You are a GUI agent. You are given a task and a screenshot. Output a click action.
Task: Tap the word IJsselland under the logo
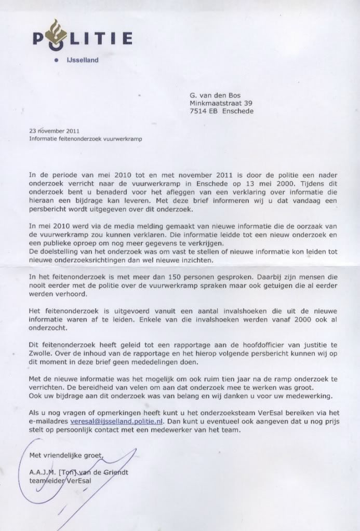coord(82,60)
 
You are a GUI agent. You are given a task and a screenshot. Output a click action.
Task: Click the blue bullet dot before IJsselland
coord(56,60)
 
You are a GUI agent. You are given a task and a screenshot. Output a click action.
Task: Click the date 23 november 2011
coord(55,131)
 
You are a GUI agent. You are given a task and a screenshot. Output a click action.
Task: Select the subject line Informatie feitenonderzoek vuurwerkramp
coord(85,139)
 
